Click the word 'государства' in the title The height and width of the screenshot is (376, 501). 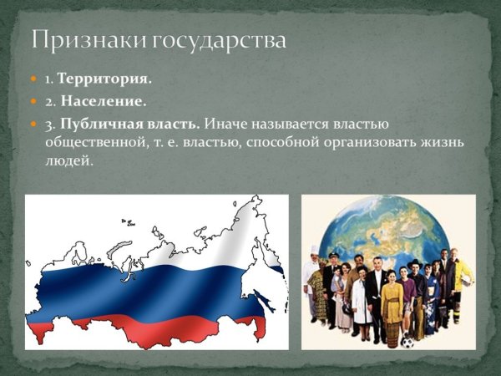(x=215, y=41)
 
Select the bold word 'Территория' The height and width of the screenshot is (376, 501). (x=104, y=79)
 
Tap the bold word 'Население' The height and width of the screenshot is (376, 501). (x=102, y=102)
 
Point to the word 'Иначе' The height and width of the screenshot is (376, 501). (x=225, y=124)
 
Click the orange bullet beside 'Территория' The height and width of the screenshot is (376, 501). (x=34, y=79)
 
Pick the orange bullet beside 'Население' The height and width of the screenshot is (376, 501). (x=34, y=102)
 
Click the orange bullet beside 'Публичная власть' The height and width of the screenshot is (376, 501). (x=34, y=124)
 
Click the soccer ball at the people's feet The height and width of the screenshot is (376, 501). (x=407, y=341)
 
